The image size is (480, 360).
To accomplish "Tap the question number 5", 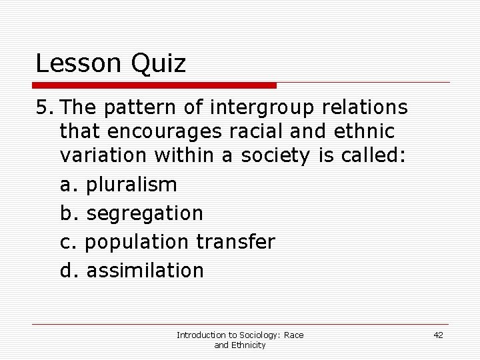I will tap(42, 107).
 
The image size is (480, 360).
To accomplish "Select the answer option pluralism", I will tap(132, 185).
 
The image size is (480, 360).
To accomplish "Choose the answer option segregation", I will tap(145, 214).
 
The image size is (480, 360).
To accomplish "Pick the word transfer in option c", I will tap(235, 242).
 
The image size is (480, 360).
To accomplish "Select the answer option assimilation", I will tap(145, 270).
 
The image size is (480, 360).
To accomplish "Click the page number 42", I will tap(438, 335).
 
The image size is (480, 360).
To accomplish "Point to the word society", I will tap(274, 157).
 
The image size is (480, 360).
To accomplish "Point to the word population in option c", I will tap(139, 242).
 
